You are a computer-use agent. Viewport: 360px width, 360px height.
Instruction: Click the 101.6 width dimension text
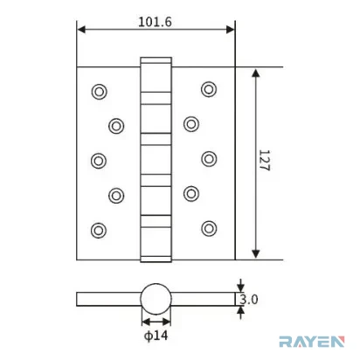(x=155, y=22)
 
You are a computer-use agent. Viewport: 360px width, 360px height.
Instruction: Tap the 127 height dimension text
(x=264, y=161)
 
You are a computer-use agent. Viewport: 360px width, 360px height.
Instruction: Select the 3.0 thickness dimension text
(x=249, y=299)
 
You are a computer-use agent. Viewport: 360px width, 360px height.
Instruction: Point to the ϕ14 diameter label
(x=156, y=336)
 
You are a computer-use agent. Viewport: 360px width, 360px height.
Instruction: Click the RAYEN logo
(x=312, y=342)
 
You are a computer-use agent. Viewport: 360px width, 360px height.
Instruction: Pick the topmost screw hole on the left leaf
(x=99, y=92)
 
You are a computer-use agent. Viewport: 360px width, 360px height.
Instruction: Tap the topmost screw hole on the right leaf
(x=209, y=89)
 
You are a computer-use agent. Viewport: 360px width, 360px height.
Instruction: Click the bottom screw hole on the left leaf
(x=99, y=231)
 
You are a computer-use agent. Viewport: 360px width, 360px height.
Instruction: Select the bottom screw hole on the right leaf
(x=209, y=228)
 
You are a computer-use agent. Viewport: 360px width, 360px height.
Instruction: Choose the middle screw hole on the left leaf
(x=99, y=161)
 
